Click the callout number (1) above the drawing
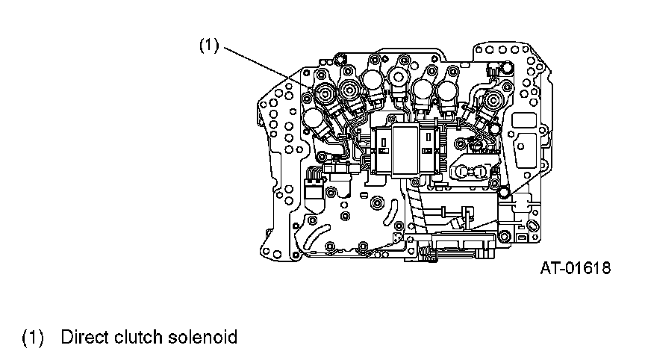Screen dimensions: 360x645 point(208,46)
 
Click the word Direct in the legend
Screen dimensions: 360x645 point(84,337)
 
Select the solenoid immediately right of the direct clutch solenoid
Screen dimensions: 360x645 point(349,91)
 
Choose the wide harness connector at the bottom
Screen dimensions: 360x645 point(459,245)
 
